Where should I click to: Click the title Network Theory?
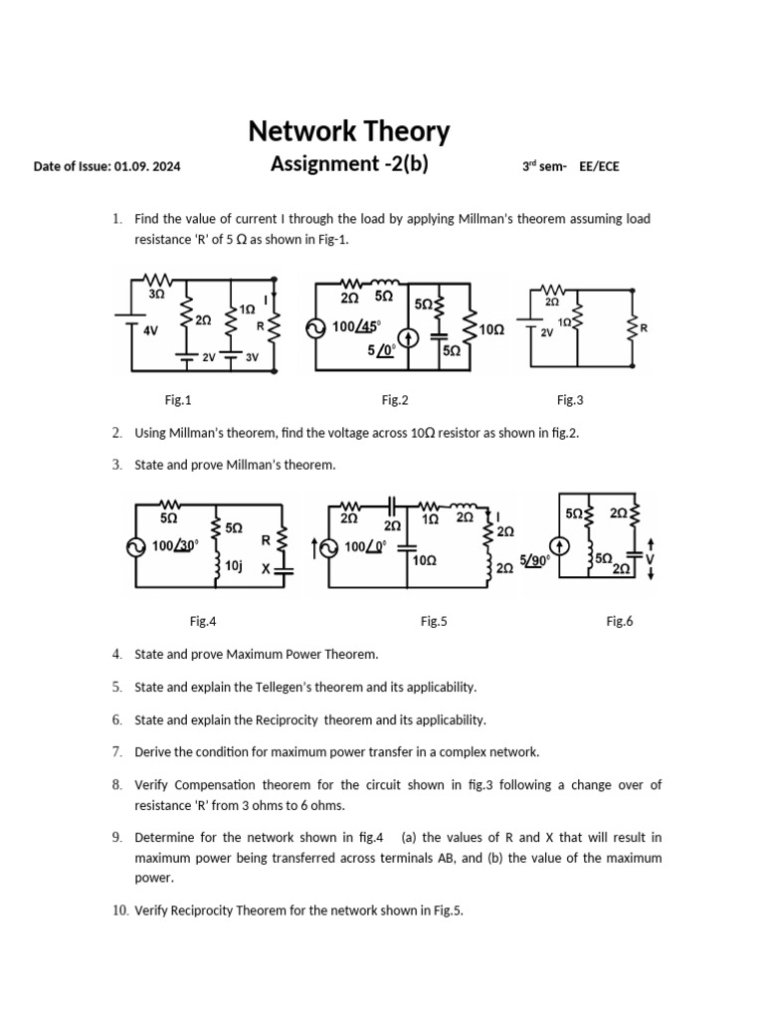pos(348,131)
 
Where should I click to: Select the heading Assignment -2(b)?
pos(349,164)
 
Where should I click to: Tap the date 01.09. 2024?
pos(147,166)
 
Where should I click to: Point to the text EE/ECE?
pos(599,166)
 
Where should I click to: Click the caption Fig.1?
pos(178,400)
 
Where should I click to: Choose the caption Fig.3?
pos(570,400)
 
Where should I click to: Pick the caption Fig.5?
pos(434,621)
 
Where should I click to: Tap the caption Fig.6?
pos(620,621)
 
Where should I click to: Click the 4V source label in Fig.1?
pos(151,330)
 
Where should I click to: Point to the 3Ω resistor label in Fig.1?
pos(156,295)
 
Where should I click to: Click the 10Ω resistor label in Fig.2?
pos(491,328)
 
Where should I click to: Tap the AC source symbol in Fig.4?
pos(134,545)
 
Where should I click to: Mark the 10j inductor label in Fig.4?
pos(234,565)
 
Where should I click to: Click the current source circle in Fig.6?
pos(561,545)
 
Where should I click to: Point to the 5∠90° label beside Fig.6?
pos(534,560)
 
